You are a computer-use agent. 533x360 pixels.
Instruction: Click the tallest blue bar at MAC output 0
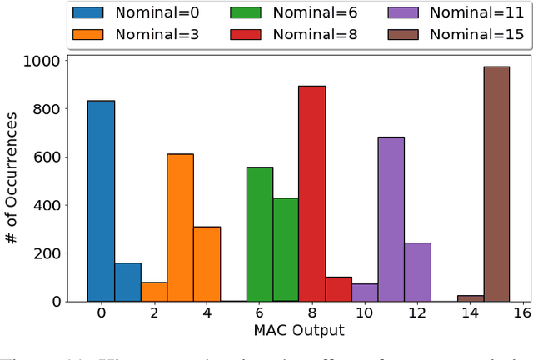(x=101, y=201)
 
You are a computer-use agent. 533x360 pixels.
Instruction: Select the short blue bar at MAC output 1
(x=127, y=282)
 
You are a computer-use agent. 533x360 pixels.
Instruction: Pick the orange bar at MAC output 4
(x=207, y=263)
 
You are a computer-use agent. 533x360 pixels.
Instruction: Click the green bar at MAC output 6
(x=259, y=234)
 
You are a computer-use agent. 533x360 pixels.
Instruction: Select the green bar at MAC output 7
(x=286, y=249)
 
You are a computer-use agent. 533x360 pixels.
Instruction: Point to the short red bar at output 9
(x=338, y=288)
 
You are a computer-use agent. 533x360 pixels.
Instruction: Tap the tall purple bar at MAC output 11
(x=391, y=219)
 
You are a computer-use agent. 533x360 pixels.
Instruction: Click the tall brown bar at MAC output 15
(x=496, y=183)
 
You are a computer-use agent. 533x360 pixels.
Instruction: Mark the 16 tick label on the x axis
(x=522, y=313)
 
